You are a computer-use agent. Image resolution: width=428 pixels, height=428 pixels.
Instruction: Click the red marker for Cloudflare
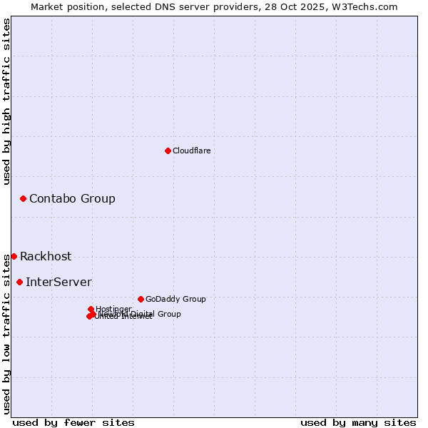click(168, 151)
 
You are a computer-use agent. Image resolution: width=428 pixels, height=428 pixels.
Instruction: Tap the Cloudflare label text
click(191, 151)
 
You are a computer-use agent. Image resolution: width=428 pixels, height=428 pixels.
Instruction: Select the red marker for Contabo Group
click(23, 198)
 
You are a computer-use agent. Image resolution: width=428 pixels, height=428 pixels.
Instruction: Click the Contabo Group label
click(72, 198)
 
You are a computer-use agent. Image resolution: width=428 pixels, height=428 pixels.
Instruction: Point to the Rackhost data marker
click(14, 256)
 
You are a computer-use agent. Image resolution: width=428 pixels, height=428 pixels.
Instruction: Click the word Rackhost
click(46, 257)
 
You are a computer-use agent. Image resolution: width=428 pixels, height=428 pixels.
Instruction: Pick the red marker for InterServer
click(19, 282)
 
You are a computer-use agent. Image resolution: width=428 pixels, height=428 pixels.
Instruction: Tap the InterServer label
click(58, 282)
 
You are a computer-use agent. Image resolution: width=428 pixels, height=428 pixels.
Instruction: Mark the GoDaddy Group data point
click(141, 299)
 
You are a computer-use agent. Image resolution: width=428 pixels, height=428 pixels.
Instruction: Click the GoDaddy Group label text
click(175, 299)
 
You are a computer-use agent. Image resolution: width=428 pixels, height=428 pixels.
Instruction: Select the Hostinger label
click(113, 309)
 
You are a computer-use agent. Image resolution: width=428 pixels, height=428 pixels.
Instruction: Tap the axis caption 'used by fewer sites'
click(73, 422)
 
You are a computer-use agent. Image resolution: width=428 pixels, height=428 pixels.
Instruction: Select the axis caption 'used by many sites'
click(358, 422)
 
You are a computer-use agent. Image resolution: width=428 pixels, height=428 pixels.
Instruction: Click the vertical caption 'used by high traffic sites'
click(6, 101)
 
